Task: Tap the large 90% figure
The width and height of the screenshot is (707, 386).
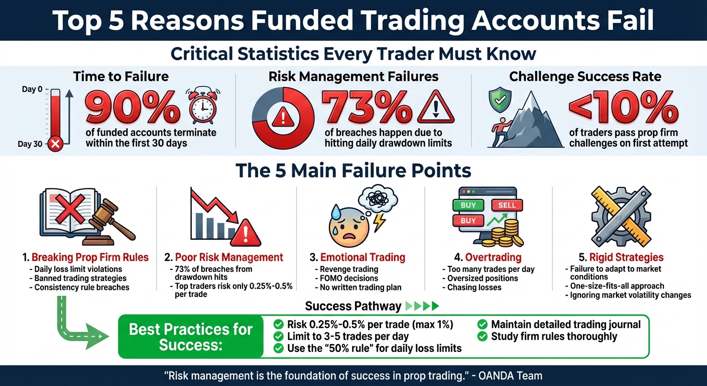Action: [x=134, y=108]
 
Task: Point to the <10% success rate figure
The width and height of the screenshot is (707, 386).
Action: [x=623, y=108]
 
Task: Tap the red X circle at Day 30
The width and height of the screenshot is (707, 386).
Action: [x=55, y=144]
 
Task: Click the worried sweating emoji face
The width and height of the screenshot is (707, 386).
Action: [x=347, y=223]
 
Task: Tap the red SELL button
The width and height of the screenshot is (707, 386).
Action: [x=506, y=205]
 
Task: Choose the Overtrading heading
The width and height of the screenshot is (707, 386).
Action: [x=486, y=257]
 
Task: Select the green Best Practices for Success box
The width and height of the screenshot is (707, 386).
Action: [x=191, y=337]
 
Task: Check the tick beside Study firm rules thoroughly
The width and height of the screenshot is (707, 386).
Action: [x=483, y=336]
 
